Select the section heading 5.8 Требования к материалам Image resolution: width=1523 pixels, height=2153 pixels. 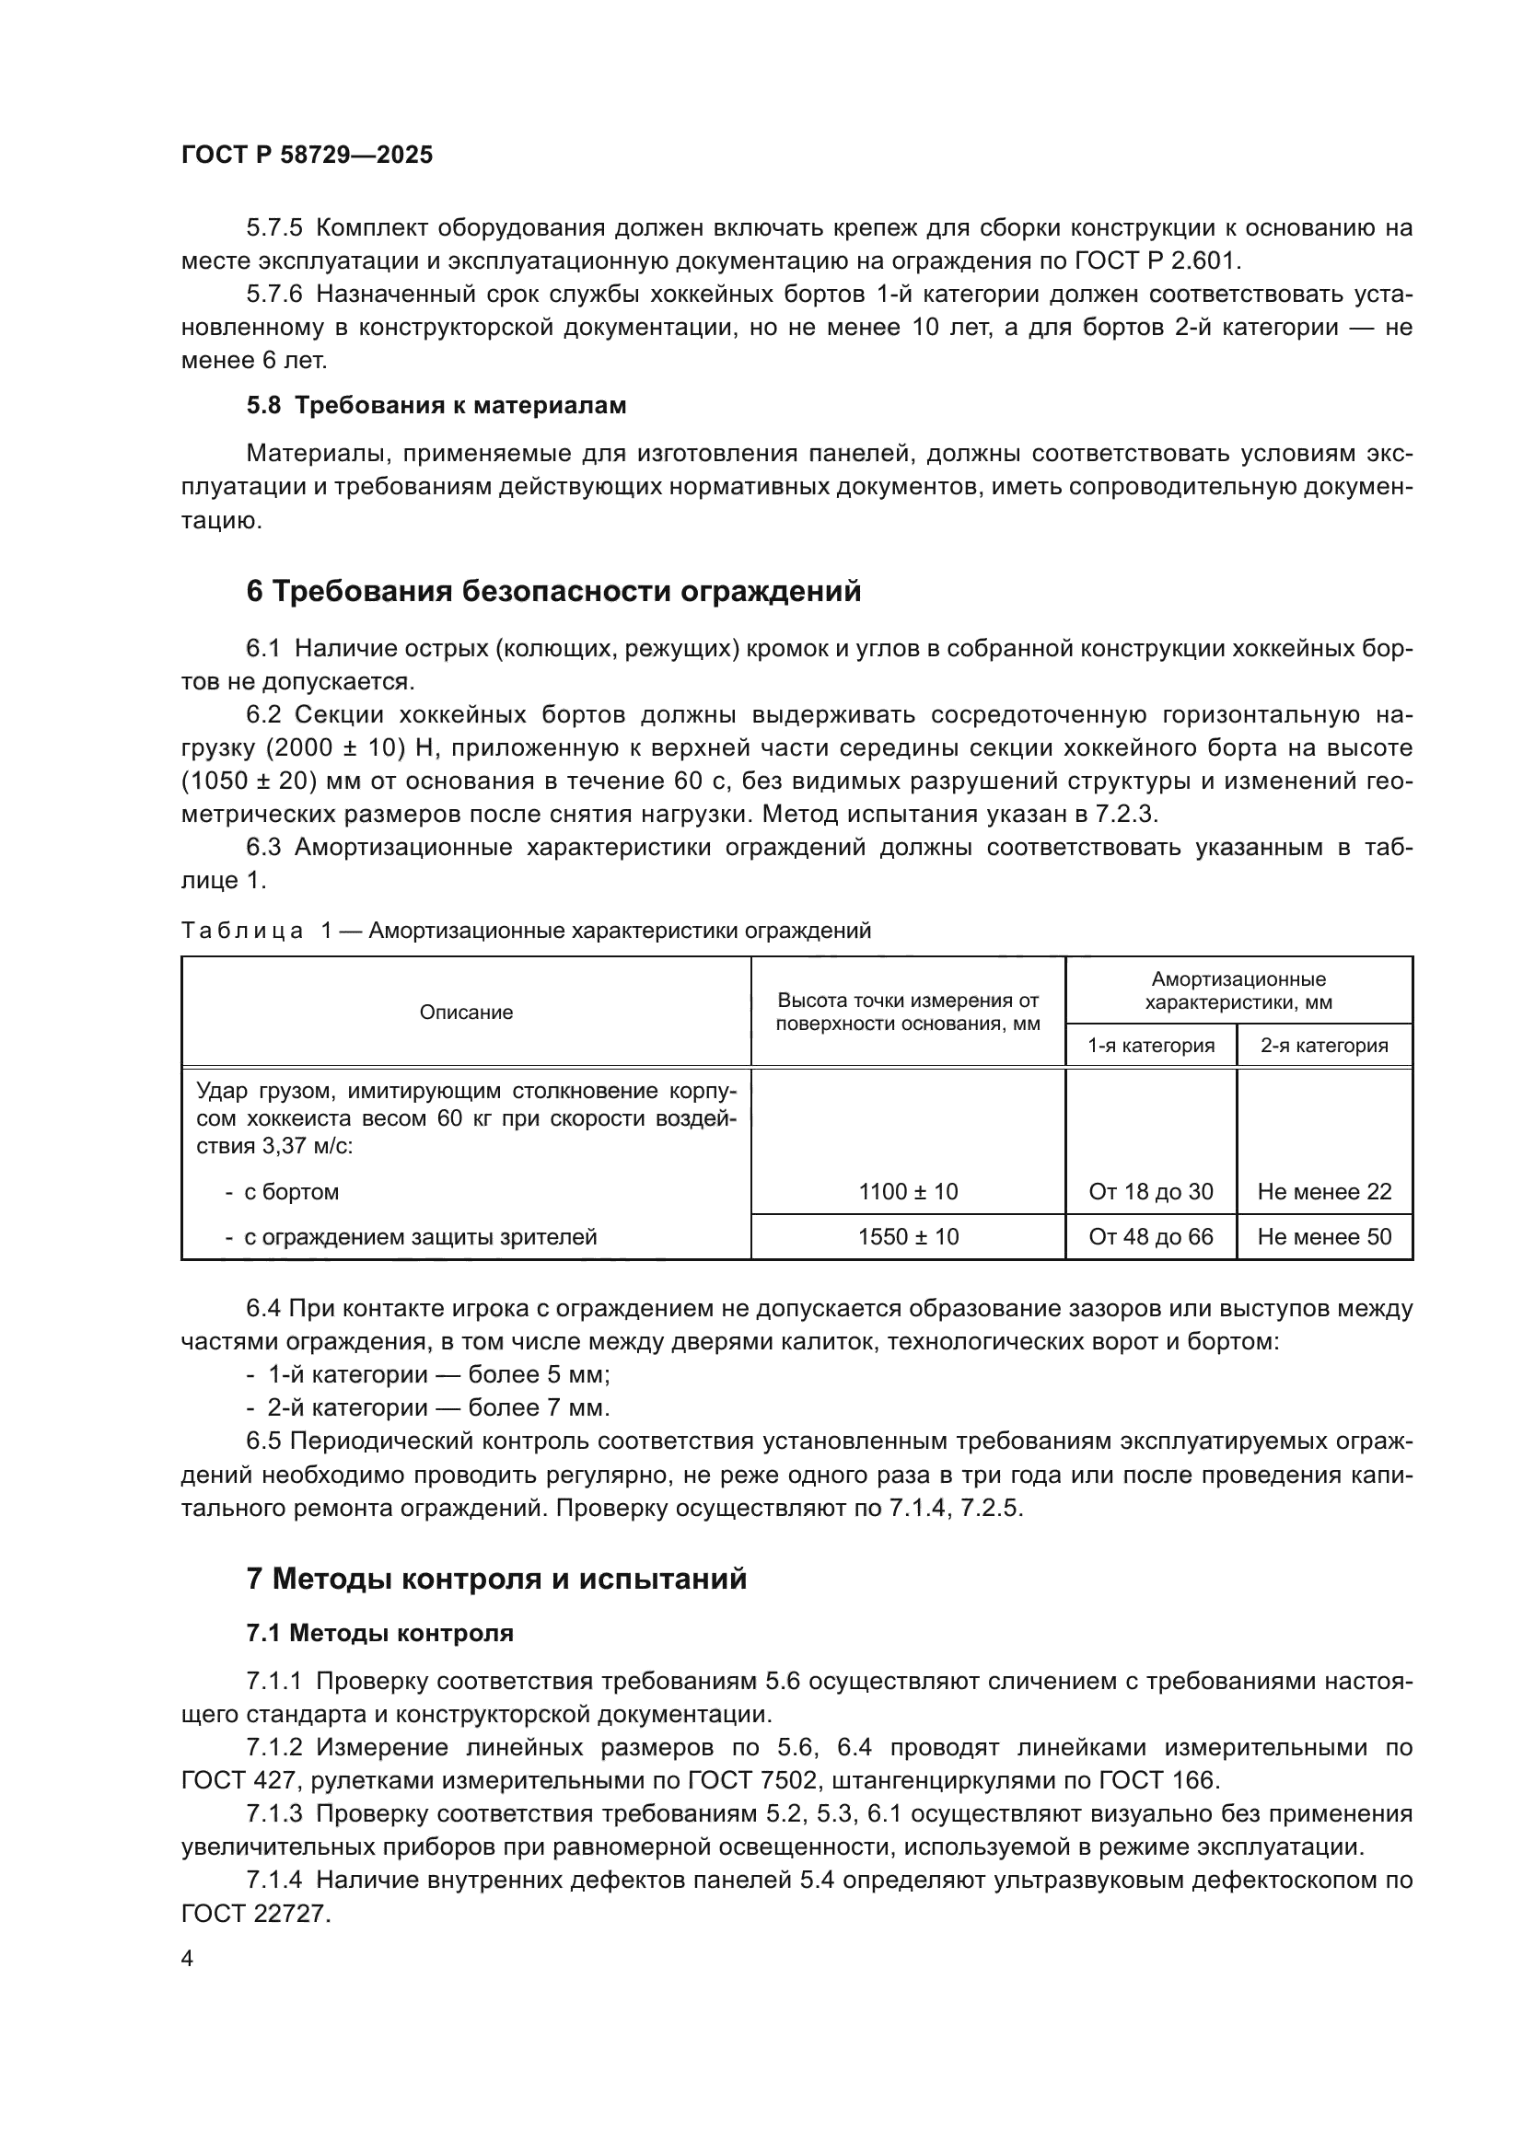pyautogui.click(x=436, y=405)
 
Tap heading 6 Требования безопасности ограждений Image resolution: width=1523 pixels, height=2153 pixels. pyautogui.click(x=553, y=592)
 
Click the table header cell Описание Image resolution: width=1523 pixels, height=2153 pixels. pyautogui.click(x=466, y=1012)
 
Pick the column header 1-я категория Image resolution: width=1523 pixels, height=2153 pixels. pyautogui.click(x=1151, y=1045)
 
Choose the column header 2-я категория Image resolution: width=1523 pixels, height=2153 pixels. pyautogui.click(x=1323, y=1045)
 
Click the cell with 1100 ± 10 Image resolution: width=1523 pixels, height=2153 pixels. pyautogui.click(x=908, y=1192)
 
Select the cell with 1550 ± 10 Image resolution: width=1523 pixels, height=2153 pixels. pyautogui.click(x=908, y=1237)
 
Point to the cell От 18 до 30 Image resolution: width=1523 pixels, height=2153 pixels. pyautogui.click(x=1151, y=1192)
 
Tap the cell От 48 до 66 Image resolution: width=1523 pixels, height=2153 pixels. pyautogui.click(x=1151, y=1237)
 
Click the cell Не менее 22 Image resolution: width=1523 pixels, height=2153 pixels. pyautogui.click(x=1324, y=1192)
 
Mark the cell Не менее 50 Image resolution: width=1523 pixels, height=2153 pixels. pyautogui.click(x=1324, y=1237)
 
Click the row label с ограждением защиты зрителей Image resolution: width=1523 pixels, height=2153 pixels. pyautogui.click(x=420, y=1237)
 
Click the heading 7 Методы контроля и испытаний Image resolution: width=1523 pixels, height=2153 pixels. pyautogui.click(x=496, y=1580)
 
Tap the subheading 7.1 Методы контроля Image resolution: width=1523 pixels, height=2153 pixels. pyautogui.click(x=379, y=1634)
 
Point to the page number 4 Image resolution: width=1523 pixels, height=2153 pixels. pyautogui.click(x=187, y=1959)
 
